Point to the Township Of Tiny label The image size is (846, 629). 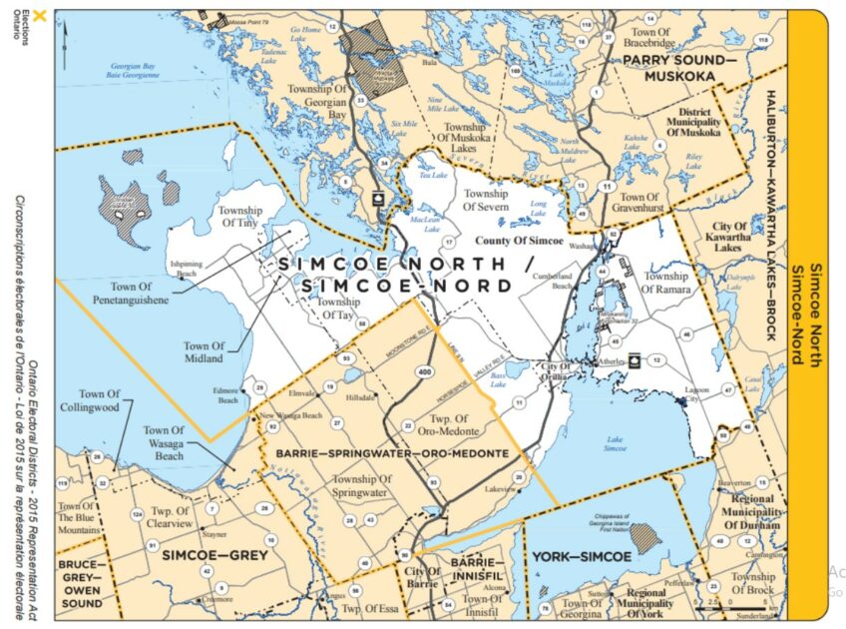(x=239, y=217)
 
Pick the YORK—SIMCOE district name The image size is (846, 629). (x=582, y=556)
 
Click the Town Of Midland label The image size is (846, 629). (x=204, y=351)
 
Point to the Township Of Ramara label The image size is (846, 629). (x=665, y=283)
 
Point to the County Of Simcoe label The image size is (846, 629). (x=519, y=242)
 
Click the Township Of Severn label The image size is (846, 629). (x=486, y=199)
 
